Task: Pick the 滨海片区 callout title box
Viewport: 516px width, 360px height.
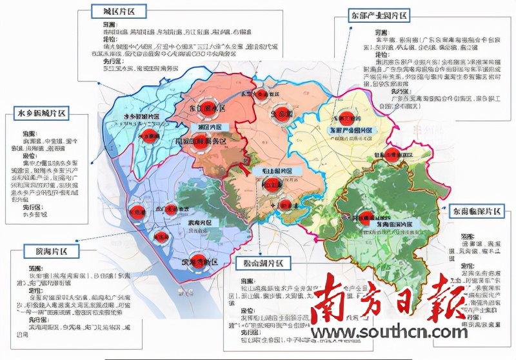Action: [52, 251]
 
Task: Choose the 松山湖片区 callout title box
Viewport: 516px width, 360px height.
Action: [263, 264]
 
